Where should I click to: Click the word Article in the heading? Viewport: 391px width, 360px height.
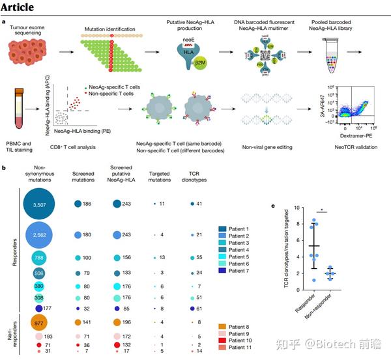point(20,8)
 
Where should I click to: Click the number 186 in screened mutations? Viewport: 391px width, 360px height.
point(90,205)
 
